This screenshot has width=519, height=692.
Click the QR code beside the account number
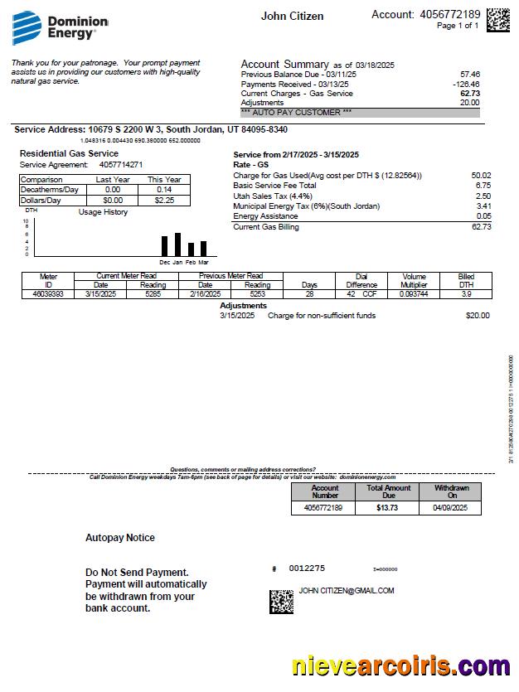[497, 19]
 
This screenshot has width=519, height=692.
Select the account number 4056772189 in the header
[449, 14]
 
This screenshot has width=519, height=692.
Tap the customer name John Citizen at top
[292, 16]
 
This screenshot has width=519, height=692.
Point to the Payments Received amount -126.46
[465, 84]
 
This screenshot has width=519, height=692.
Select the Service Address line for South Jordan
[151, 129]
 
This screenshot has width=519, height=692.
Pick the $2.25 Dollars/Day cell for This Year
[163, 200]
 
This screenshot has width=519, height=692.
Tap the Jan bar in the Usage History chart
[177, 244]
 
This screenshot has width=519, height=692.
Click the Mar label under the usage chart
[203, 262]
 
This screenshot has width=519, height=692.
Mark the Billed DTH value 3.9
[466, 293]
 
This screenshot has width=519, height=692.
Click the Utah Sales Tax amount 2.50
[483, 196]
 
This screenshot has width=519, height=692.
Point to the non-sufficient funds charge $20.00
[477, 315]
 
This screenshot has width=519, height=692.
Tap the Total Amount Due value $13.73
[387, 507]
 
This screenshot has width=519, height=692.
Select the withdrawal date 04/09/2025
[450, 507]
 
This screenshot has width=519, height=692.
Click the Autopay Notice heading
[120, 538]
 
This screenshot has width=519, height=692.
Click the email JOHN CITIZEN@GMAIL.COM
[347, 591]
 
